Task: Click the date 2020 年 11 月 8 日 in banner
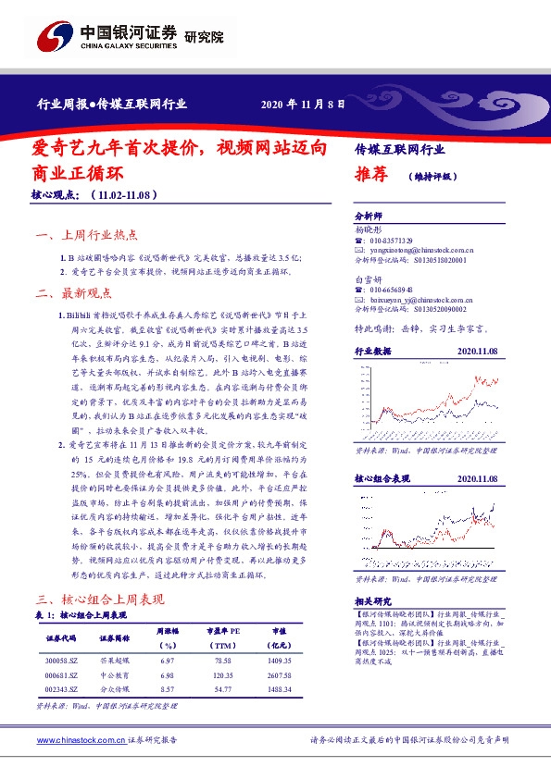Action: [303, 105]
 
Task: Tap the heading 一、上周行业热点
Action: [85, 235]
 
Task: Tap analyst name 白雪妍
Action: [368, 278]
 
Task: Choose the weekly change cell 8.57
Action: [167, 689]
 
